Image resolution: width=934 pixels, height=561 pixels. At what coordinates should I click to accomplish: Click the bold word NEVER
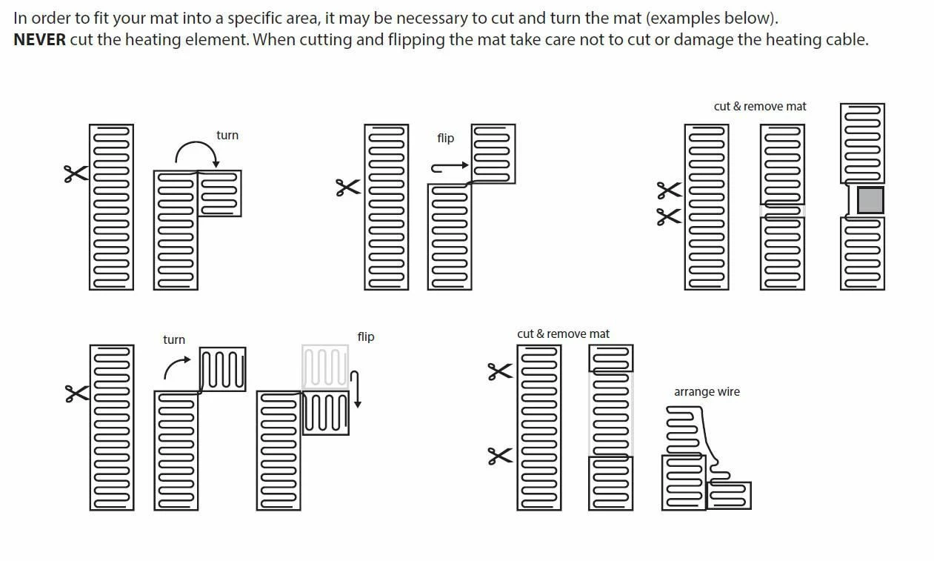[x=39, y=40]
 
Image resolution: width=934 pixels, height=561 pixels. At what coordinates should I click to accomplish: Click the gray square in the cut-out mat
[x=870, y=200]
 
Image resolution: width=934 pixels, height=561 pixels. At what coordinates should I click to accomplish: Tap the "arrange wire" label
[x=707, y=392]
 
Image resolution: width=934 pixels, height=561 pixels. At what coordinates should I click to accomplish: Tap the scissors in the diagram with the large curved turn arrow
[x=75, y=174]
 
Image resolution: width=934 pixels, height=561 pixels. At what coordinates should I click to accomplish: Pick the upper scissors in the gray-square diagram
[x=669, y=190]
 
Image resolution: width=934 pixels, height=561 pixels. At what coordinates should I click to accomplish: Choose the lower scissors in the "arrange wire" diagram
[x=500, y=456]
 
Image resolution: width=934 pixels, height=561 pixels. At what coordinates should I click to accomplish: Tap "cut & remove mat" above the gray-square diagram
[x=760, y=107]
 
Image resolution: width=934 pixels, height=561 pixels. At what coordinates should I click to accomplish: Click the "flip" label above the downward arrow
[x=366, y=337]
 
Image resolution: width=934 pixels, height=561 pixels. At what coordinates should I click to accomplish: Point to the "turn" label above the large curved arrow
[x=227, y=136]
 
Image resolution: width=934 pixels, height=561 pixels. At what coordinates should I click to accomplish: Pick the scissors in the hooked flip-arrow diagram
[x=348, y=187]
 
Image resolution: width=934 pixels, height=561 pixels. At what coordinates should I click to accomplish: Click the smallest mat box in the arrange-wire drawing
[x=729, y=495]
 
